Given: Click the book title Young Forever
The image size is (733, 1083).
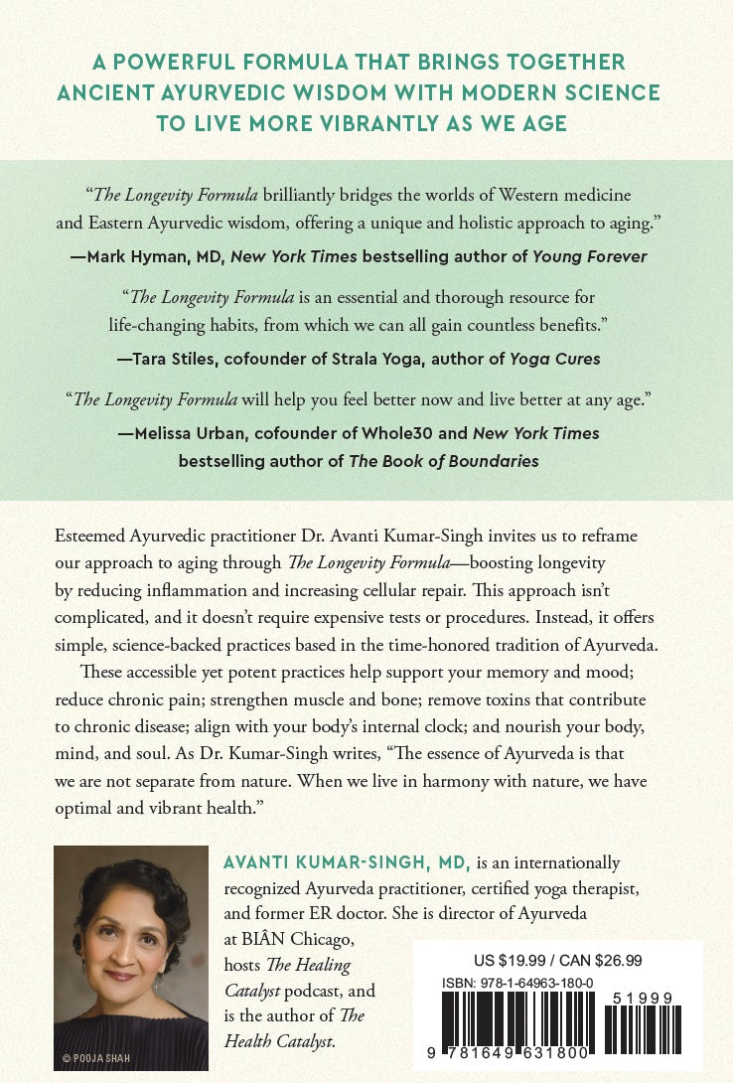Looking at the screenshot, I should click(589, 256).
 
